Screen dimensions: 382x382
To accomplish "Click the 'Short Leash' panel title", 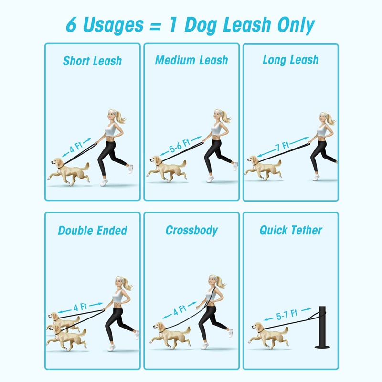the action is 92,61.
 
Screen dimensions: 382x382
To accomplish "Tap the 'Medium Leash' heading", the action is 191,60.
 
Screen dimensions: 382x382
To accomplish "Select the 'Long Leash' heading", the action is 291,60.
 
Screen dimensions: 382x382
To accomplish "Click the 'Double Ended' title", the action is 93,231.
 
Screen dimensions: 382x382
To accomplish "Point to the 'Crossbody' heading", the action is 192,230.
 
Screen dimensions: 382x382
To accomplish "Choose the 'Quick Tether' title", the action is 291,230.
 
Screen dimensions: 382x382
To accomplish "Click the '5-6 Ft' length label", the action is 180,146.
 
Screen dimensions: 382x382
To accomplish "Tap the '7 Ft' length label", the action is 282,146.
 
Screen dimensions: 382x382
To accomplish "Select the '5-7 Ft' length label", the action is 287,315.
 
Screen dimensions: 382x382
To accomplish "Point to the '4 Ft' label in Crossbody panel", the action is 180,310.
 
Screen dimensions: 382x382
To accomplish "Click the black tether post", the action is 322,327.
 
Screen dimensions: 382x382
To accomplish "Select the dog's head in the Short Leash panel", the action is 57,162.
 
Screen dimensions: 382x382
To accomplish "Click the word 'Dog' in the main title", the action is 201,25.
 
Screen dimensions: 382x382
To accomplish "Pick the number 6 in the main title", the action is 71,25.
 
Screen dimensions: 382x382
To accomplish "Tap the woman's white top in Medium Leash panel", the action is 216,128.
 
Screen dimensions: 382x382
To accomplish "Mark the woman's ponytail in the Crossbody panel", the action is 222,282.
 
